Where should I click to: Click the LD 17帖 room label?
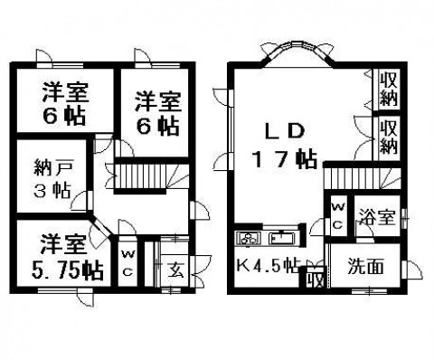click(285, 146)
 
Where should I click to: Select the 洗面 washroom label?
click(365, 267)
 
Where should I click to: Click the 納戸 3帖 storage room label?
click(52, 179)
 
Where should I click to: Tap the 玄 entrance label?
click(175, 269)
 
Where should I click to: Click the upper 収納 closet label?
click(388, 90)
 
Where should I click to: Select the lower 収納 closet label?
click(388, 137)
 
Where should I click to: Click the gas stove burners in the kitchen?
click(250, 238)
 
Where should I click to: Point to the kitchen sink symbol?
click(283, 238)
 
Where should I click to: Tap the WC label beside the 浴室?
click(338, 216)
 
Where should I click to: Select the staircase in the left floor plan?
click(140, 177)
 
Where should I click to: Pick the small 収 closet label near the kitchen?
click(316, 279)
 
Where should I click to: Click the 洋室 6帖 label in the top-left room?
click(65, 104)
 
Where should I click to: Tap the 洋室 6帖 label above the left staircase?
click(157, 114)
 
